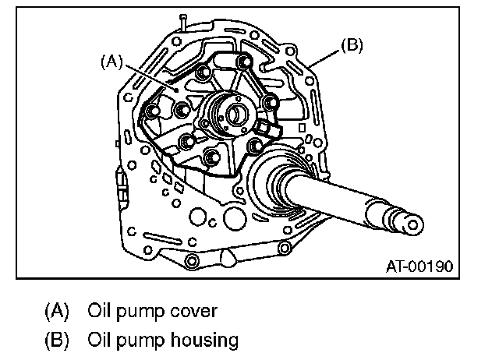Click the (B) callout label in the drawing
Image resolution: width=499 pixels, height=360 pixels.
click(352, 47)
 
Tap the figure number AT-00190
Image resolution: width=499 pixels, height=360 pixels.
click(419, 266)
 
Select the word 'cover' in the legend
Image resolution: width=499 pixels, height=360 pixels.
click(189, 311)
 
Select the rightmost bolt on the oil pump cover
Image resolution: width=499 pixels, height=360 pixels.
click(271, 103)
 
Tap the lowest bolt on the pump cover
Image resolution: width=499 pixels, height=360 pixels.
click(211, 161)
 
